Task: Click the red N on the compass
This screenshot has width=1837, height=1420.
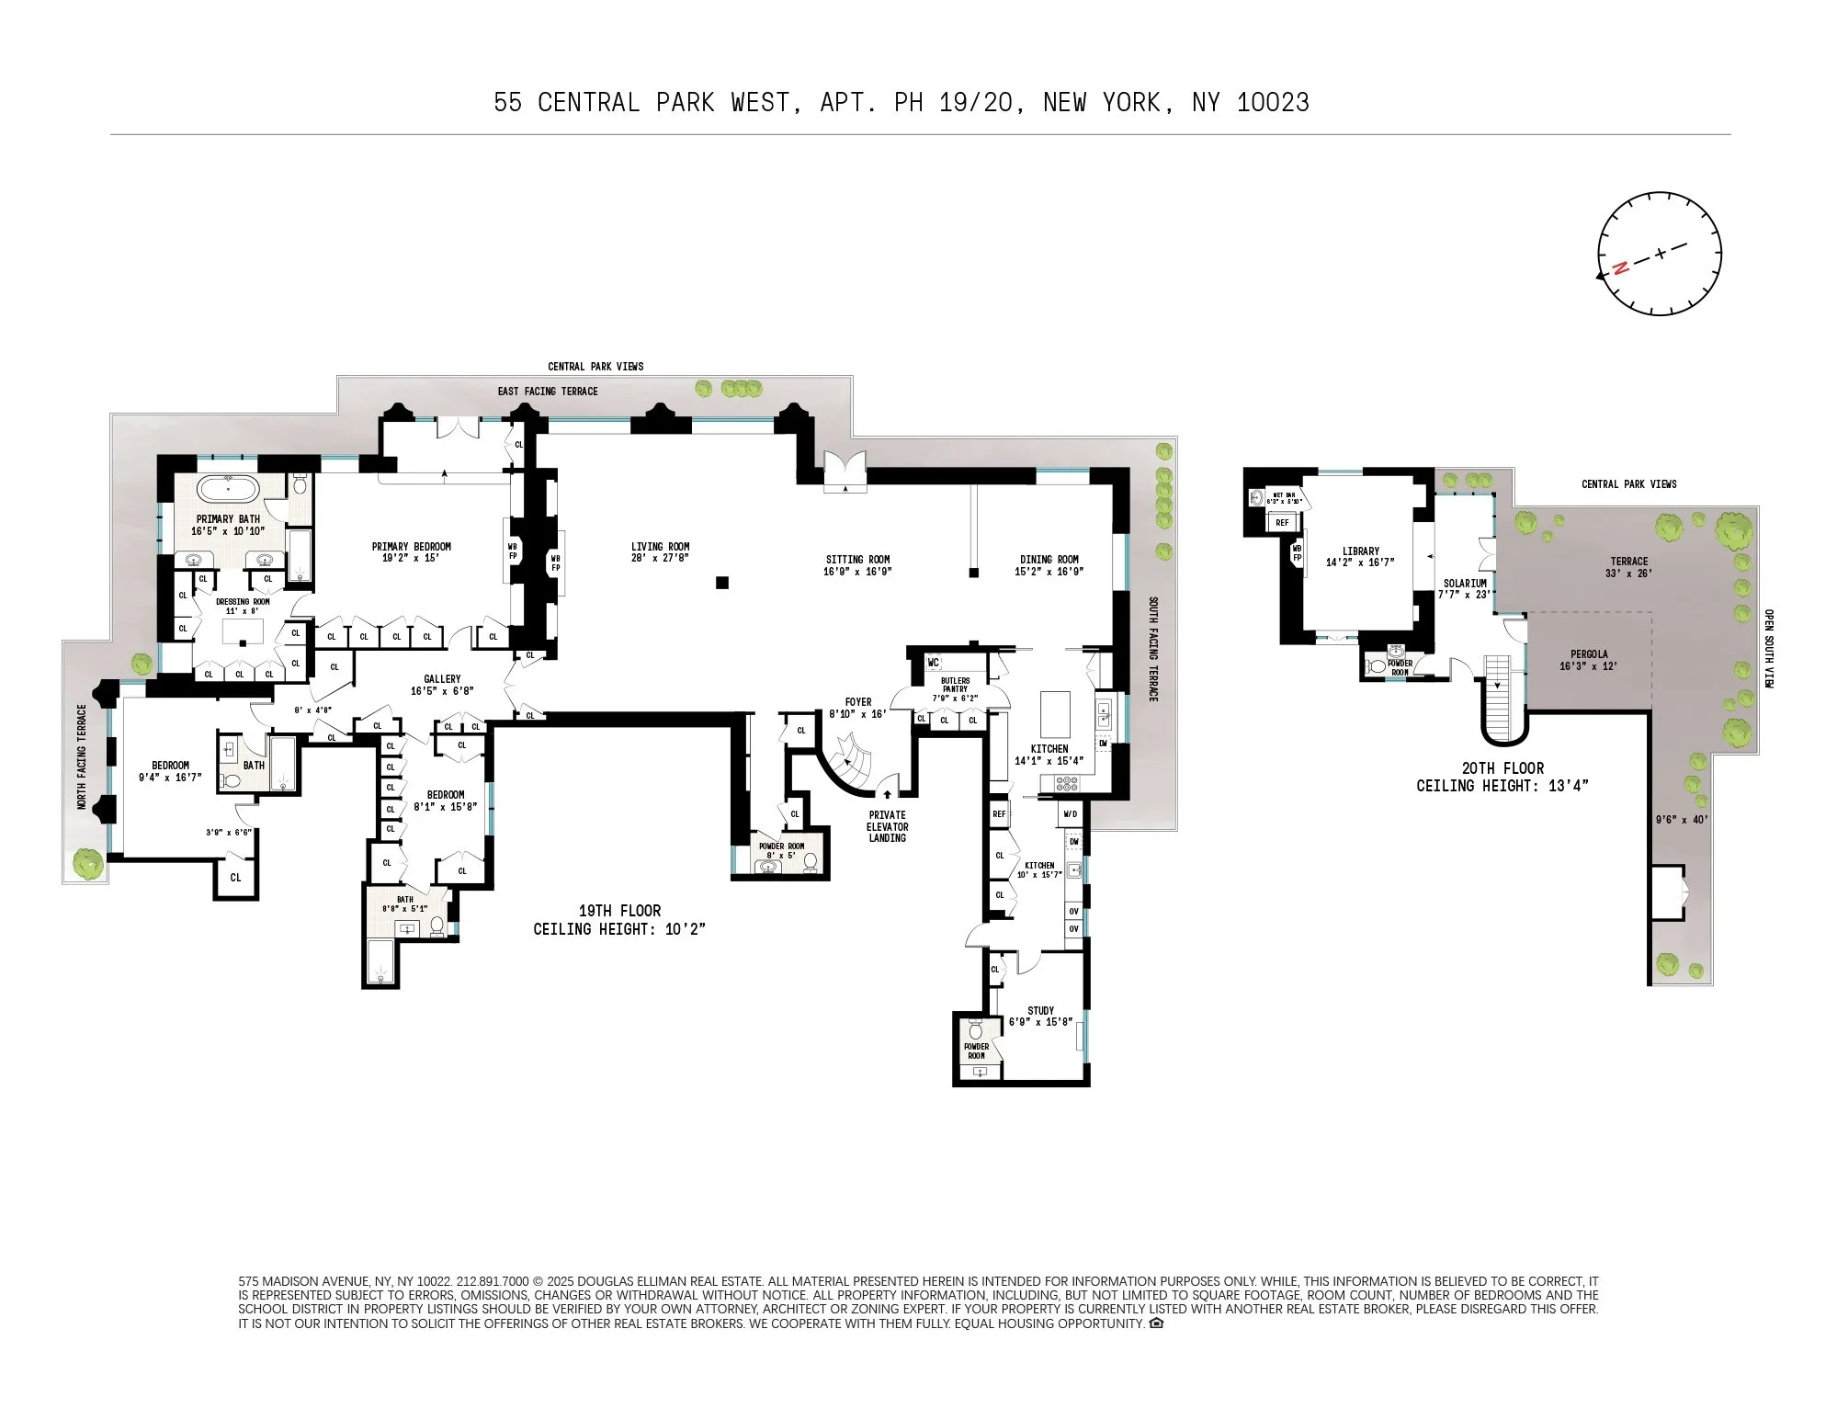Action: pos(1620,267)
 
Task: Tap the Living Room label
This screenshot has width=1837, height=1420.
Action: pos(660,551)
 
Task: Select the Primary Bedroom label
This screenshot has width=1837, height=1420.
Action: pos(411,551)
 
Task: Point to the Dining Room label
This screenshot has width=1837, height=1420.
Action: pos(1049,564)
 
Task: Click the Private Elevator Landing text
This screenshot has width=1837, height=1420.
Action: pos(887,826)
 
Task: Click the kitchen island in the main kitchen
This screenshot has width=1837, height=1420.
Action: pos(1055,714)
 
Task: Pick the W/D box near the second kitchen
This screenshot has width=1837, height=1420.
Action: pos(1070,814)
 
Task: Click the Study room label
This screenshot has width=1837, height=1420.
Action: pos(1040,1016)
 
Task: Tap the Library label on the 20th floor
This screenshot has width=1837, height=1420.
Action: pos(1360,557)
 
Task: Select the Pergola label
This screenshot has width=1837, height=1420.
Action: pos(1589,660)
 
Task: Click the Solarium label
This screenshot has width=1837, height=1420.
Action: pos(1464,588)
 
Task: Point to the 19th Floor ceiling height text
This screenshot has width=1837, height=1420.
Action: pos(619,920)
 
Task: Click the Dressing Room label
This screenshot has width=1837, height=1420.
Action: pos(243,606)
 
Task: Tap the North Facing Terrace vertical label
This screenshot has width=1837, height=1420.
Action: pos(82,756)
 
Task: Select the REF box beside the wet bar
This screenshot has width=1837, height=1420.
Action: pos(1282,522)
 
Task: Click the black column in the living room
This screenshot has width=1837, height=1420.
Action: pos(722,583)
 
